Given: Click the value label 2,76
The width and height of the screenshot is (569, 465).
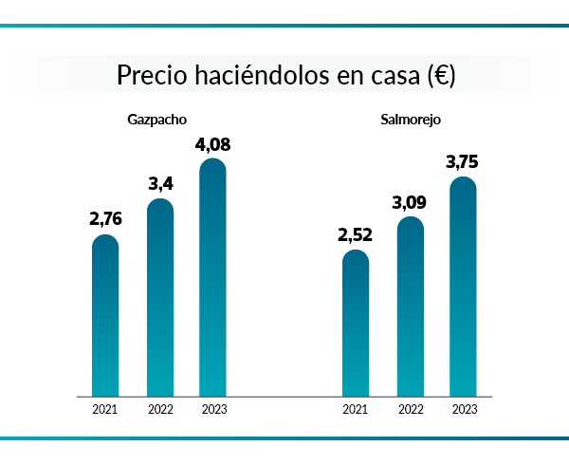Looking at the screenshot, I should pyautogui.click(x=106, y=218).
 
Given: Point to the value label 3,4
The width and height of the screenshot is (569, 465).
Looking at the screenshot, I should pyautogui.click(x=161, y=182).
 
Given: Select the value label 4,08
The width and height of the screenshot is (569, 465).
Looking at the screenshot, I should pyautogui.click(x=213, y=145).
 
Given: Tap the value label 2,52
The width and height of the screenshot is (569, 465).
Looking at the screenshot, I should pyautogui.click(x=356, y=233).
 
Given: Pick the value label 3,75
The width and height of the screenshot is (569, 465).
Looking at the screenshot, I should pyautogui.click(x=463, y=162).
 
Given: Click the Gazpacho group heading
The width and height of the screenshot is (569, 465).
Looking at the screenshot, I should pyautogui.click(x=156, y=120).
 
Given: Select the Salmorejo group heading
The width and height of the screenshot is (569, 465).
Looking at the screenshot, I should pyautogui.click(x=410, y=120).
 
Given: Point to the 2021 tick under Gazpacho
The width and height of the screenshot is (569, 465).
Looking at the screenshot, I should pyautogui.click(x=105, y=410).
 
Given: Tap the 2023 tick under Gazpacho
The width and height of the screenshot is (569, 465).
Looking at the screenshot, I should pyautogui.click(x=214, y=410).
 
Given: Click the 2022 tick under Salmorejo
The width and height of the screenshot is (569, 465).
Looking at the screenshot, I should pyautogui.click(x=411, y=410).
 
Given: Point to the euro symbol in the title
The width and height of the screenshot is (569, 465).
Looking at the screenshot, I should pyautogui.click(x=440, y=76).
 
